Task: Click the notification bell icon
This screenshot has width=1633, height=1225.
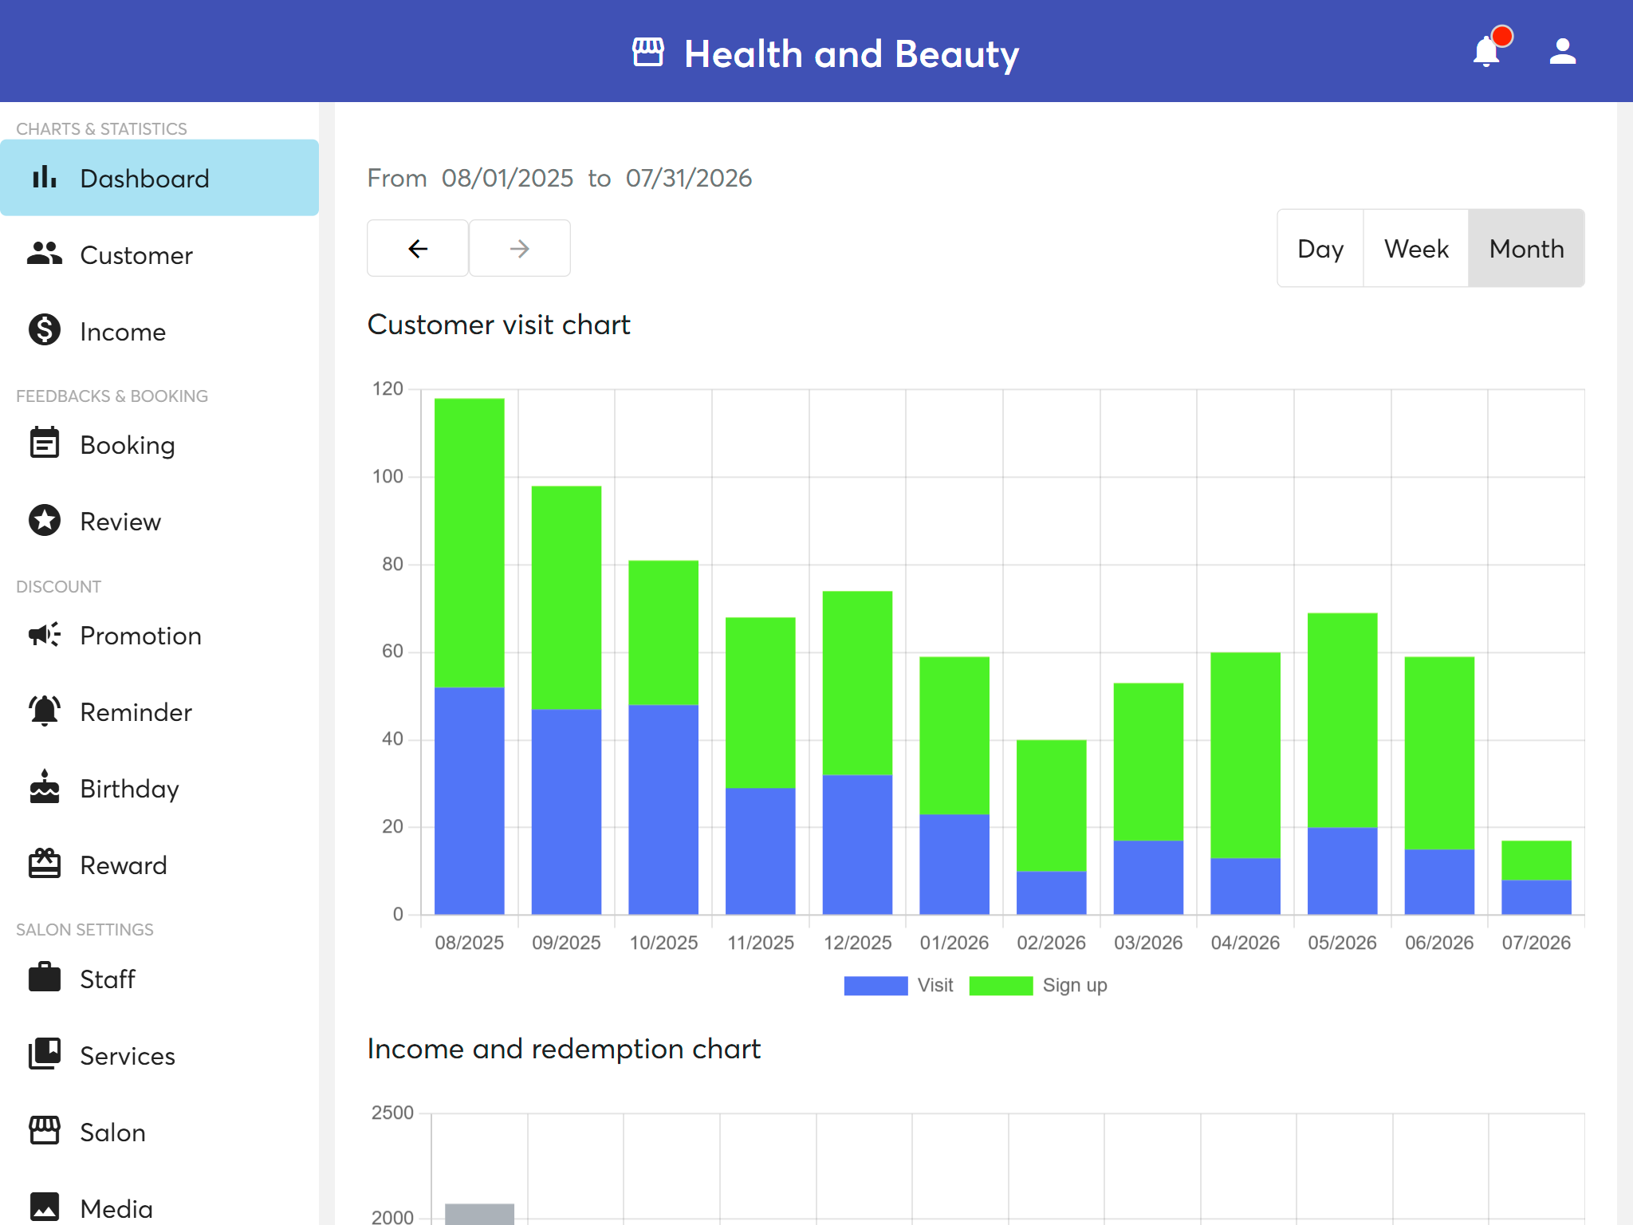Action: point(1487,52)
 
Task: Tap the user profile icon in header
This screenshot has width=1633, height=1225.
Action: point(1562,52)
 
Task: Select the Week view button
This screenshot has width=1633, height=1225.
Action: point(1416,249)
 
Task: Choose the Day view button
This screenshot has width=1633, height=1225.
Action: point(1320,249)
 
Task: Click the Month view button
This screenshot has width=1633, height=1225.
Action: point(1526,249)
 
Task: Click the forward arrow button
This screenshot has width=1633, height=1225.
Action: point(519,249)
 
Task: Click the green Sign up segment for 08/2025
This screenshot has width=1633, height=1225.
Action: point(469,543)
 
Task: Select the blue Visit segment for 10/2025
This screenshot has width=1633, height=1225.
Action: point(663,809)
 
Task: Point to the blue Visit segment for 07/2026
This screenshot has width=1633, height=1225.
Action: point(1537,897)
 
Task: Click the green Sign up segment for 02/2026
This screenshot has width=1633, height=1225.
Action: point(1051,806)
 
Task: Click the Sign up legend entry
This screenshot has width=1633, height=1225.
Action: point(1038,986)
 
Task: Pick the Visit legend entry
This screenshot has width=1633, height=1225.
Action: point(899,986)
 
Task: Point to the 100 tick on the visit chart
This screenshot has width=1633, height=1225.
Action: point(388,477)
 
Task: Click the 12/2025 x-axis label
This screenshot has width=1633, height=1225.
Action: point(857,943)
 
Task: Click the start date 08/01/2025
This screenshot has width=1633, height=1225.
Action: point(508,178)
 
